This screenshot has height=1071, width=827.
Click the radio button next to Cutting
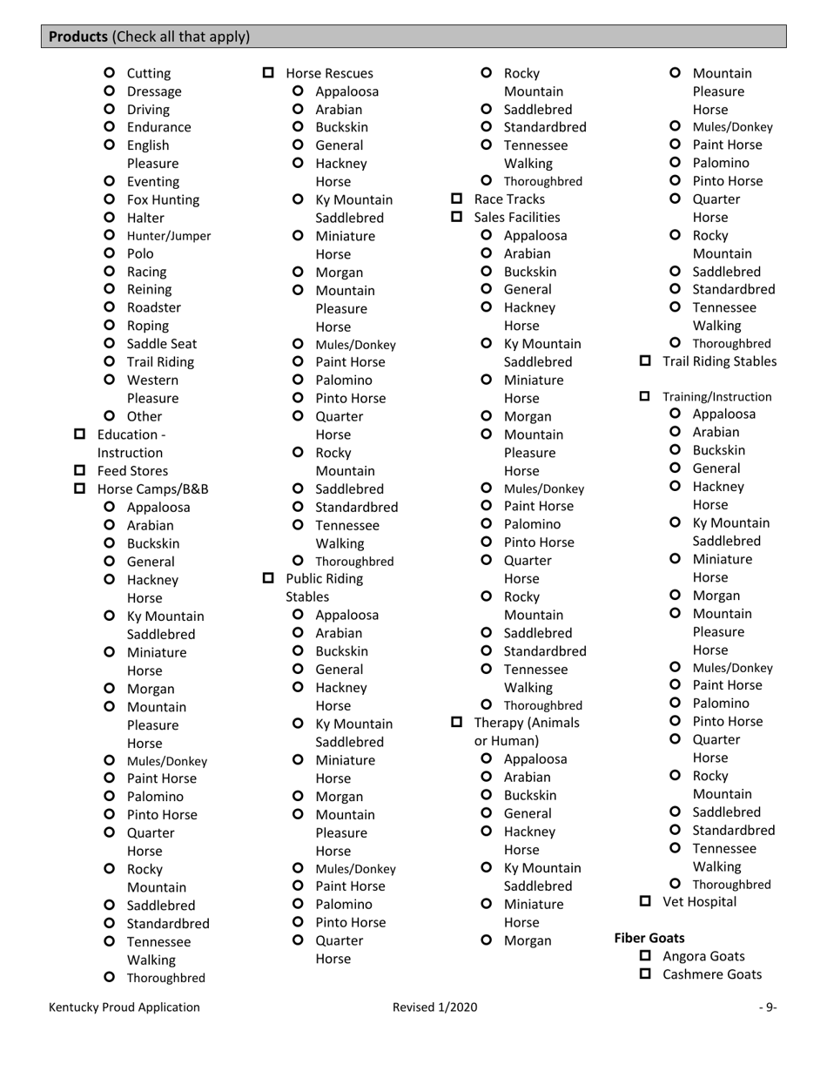click(x=109, y=73)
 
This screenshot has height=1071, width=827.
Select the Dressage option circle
click(x=109, y=91)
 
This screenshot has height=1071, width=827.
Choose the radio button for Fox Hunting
click(x=109, y=199)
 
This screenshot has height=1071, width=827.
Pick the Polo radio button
click(x=109, y=253)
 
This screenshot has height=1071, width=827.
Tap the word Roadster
click(x=154, y=307)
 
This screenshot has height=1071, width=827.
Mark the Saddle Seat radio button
click(x=109, y=343)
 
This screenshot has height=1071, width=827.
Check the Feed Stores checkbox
click(x=80, y=471)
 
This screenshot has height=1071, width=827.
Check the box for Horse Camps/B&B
click(x=80, y=488)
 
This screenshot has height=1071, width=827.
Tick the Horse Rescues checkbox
click(x=268, y=73)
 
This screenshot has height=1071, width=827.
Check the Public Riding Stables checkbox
click(x=268, y=578)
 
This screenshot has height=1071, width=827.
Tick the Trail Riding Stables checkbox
click(x=645, y=360)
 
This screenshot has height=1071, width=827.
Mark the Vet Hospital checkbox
click(x=645, y=901)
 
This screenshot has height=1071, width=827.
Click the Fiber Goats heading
click(x=649, y=938)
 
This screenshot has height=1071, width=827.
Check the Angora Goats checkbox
click(x=645, y=956)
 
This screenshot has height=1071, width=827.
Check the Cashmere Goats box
click(x=645, y=974)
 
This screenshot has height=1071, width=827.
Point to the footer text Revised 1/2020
click(x=434, y=1007)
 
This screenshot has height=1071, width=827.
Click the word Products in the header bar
click(x=78, y=37)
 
